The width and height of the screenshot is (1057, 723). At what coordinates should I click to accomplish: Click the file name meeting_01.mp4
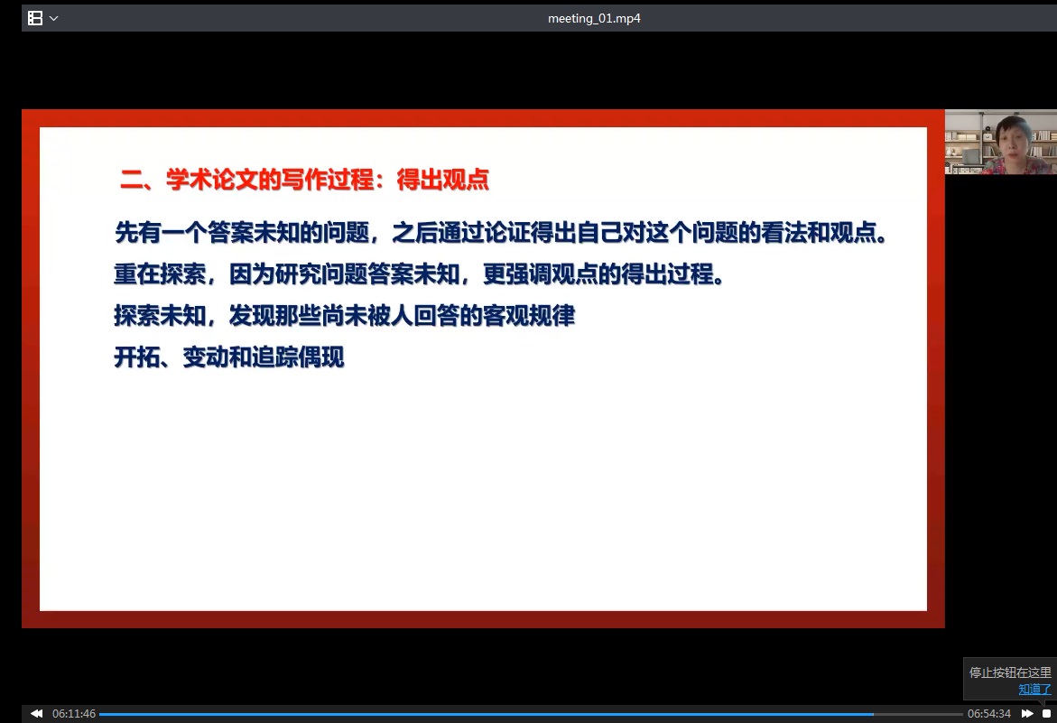(x=594, y=18)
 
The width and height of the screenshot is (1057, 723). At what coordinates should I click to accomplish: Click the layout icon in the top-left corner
(x=35, y=18)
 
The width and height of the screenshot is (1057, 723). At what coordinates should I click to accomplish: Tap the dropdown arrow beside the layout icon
(x=54, y=18)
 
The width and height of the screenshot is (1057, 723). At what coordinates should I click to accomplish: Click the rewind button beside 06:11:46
(x=36, y=713)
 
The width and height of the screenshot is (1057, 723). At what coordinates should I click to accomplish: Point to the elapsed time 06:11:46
(x=74, y=714)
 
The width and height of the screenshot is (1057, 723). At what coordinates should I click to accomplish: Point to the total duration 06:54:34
(x=989, y=714)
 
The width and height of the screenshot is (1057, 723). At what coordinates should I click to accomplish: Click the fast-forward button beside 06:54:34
(x=1027, y=713)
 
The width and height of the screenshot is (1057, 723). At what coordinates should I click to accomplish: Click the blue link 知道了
(x=1034, y=689)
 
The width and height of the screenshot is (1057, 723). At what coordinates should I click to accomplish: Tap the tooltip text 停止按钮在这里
(x=1010, y=672)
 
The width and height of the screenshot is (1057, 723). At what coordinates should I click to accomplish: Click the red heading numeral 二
(x=132, y=180)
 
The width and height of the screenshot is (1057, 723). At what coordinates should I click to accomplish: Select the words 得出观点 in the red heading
(x=442, y=180)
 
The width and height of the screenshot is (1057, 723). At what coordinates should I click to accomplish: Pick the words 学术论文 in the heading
(x=211, y=180)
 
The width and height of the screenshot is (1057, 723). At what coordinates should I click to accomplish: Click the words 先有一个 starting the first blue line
(x=161, y=233)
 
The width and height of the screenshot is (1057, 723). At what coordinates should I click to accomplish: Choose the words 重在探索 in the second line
(x=161, y=274)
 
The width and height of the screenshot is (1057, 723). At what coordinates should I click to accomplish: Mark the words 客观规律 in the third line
(x=529, y=315)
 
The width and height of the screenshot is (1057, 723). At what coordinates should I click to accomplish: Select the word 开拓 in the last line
(x=137, y=357)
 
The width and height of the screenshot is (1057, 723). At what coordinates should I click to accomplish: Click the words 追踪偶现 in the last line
(x=298, y=357)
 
